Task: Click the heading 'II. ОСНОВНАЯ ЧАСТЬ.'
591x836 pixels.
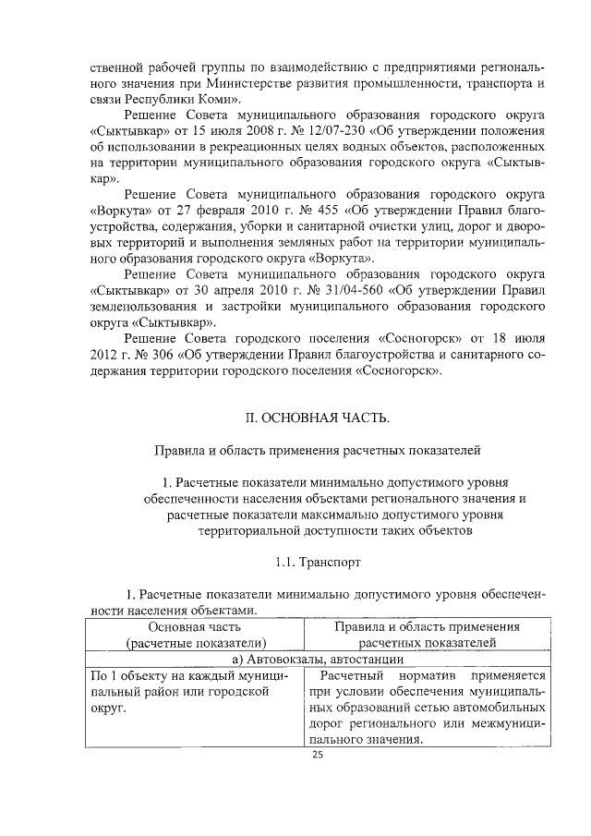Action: pyautogui.click(x=317, y=418)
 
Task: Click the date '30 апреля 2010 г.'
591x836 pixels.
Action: pyautogui.click(x=215, y=292)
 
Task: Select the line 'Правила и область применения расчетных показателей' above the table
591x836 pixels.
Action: pyautogui.click(x=317, y=451)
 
